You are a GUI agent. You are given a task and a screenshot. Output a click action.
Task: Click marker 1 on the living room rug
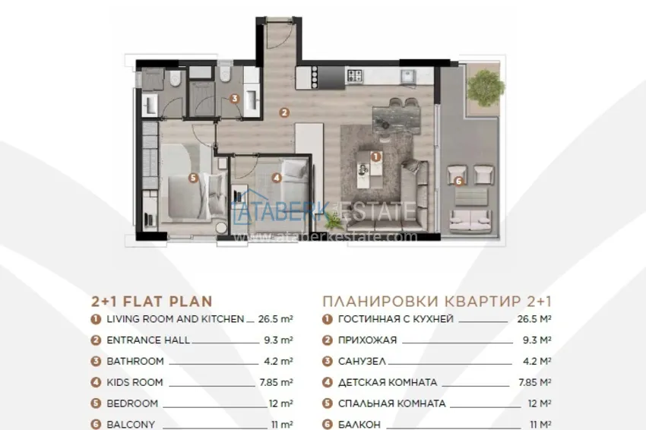point(375,157)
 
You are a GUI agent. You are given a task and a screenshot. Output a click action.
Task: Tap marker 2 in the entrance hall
point(284,112)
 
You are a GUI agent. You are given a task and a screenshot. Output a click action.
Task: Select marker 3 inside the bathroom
point(234,99)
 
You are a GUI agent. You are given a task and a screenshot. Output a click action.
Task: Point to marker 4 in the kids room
point(277,178)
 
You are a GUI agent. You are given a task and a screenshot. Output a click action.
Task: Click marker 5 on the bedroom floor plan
point(193,178)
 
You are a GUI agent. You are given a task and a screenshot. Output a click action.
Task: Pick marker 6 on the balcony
point(458,181)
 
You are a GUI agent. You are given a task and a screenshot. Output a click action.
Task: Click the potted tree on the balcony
point(486,87)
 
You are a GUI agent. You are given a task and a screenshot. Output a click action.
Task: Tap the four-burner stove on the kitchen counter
point(355,75)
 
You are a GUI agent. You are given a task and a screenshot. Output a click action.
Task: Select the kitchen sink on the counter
point(409,77)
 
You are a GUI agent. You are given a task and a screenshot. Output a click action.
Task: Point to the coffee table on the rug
point(369,169)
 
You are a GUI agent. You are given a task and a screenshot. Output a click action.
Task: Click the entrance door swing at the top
point(279,33)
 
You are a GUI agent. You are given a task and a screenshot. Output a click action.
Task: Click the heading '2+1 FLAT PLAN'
point(151,302)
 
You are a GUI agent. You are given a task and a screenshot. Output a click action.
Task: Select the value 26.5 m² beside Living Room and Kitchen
point(276,319)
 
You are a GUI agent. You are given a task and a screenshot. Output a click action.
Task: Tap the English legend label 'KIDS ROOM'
point(135,382)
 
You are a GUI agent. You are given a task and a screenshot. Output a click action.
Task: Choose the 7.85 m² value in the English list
point(276,382)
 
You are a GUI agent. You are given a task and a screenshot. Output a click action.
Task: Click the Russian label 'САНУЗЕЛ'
point(362,361)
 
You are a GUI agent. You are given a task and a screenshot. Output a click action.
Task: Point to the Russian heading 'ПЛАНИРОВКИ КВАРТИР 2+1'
point(437,302)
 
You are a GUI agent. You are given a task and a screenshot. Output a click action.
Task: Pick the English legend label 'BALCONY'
point(131,424)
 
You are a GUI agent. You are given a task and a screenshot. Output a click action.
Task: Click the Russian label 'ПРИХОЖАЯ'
point(368,340)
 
